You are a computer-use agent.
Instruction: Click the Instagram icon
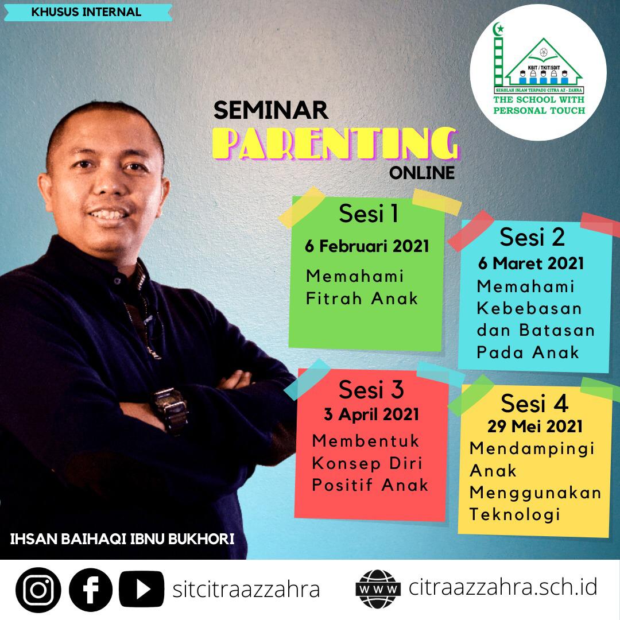pyautogui.click(x=38, y=590)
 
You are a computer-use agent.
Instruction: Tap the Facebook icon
pyautogui.click(x=91, y=590)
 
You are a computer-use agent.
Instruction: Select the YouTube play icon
pyautogui.click(x=142, y=589)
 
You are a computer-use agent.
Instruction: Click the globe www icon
pyautogui.click(x=378, y=589)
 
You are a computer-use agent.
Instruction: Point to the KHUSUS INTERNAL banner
pyautogui.click(x=88, y=12)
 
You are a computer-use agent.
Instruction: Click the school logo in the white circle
pyautogui.click(x=538, y=72)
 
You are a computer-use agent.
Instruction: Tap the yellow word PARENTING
pyautogui.click(x=336, y=144)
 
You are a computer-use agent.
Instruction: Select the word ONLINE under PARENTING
pyautogui.click(x=422, y=173)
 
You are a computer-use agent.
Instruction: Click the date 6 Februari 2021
pyautogui.click(x=367, y=246)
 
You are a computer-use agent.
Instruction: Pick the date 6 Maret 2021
pyautogui.click(x=530, y=263)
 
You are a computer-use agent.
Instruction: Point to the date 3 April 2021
pyautogui.click(x=371, y=414)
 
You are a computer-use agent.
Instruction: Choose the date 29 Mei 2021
pyautogui.click(x=535, y=426)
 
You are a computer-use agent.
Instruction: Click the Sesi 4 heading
pyautogui.click(x=534, y=404)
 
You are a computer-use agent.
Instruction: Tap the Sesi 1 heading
pyautogui.click(x=368, y=214)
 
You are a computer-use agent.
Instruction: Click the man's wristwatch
pyautogui.click(x=170, y=409)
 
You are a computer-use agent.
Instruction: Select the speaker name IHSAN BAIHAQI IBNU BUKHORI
pyautogui.click(x=122, y=539)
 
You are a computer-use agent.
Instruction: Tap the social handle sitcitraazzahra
pyautogui.click(x=246, y=590)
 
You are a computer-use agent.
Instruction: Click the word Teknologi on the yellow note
pyautogui.click(x=514, y=515)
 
